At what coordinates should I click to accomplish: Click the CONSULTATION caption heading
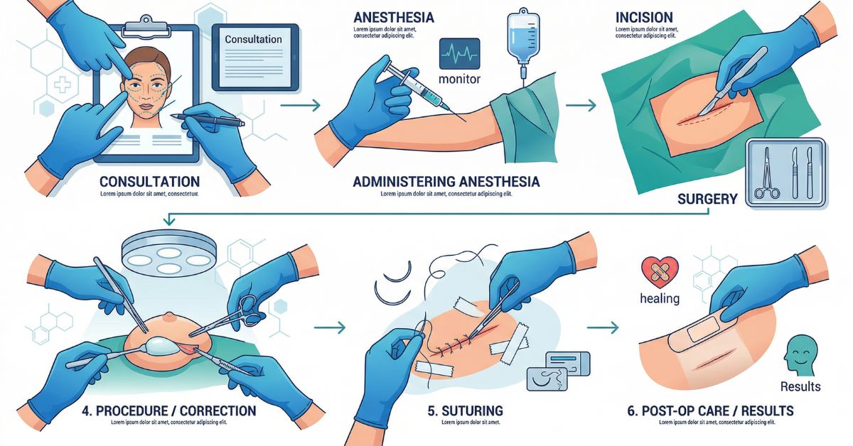(x=150, y=182)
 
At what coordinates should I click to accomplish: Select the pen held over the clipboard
(x=207, y=119)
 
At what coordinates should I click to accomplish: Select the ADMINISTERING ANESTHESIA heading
(x=446, y=182)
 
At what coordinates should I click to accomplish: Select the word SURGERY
(x=707, y=199)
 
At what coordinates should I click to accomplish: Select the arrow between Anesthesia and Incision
(x=581, y=106)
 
